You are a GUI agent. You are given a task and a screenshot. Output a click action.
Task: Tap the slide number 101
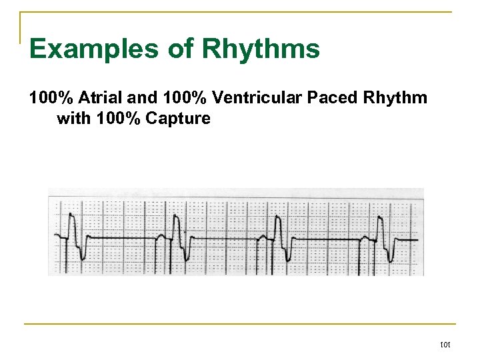(445, 345)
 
